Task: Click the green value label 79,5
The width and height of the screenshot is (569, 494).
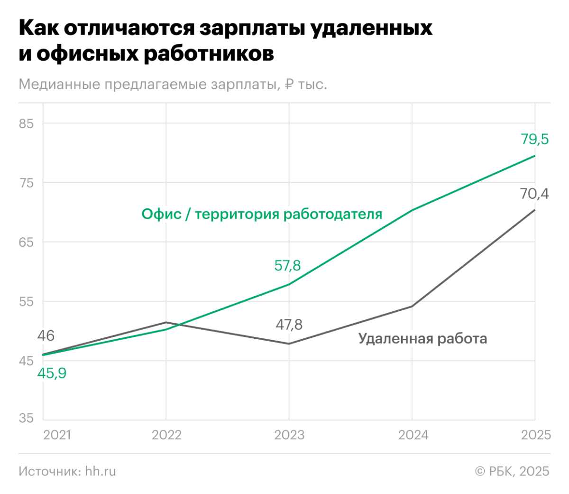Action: (x=534, y=139)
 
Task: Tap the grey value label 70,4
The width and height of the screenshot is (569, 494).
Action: (x=534, y=194)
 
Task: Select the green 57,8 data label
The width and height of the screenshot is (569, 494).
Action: (x=287, y=265)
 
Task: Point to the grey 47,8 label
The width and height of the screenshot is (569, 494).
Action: (x=289, y=325)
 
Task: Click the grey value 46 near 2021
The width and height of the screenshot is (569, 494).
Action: (x=46, y=336)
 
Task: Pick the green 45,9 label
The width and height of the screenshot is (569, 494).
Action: (x=52, y=373)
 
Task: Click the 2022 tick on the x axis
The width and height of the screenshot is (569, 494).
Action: (x=166, y=435)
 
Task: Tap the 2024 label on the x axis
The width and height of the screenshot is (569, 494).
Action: (x=413, y=435)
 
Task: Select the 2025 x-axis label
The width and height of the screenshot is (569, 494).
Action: (x=536, y=435)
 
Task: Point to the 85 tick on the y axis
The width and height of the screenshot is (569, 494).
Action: (x=27, y=124)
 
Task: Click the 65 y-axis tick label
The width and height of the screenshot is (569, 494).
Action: (x=27, y=242)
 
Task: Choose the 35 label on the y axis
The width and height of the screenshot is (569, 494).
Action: (x=27, y=418)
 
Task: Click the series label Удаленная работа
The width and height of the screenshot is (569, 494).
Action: (x=422, y=338)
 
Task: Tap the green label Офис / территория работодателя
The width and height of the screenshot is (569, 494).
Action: (x=262, y=214)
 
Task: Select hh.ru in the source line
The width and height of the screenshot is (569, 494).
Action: (x=101, y=471)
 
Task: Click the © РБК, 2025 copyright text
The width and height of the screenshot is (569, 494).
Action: (x=512, y=471)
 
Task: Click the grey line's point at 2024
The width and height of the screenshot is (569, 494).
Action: (x=412, y=306)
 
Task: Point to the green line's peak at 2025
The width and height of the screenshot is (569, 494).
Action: (x=535, y=156)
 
